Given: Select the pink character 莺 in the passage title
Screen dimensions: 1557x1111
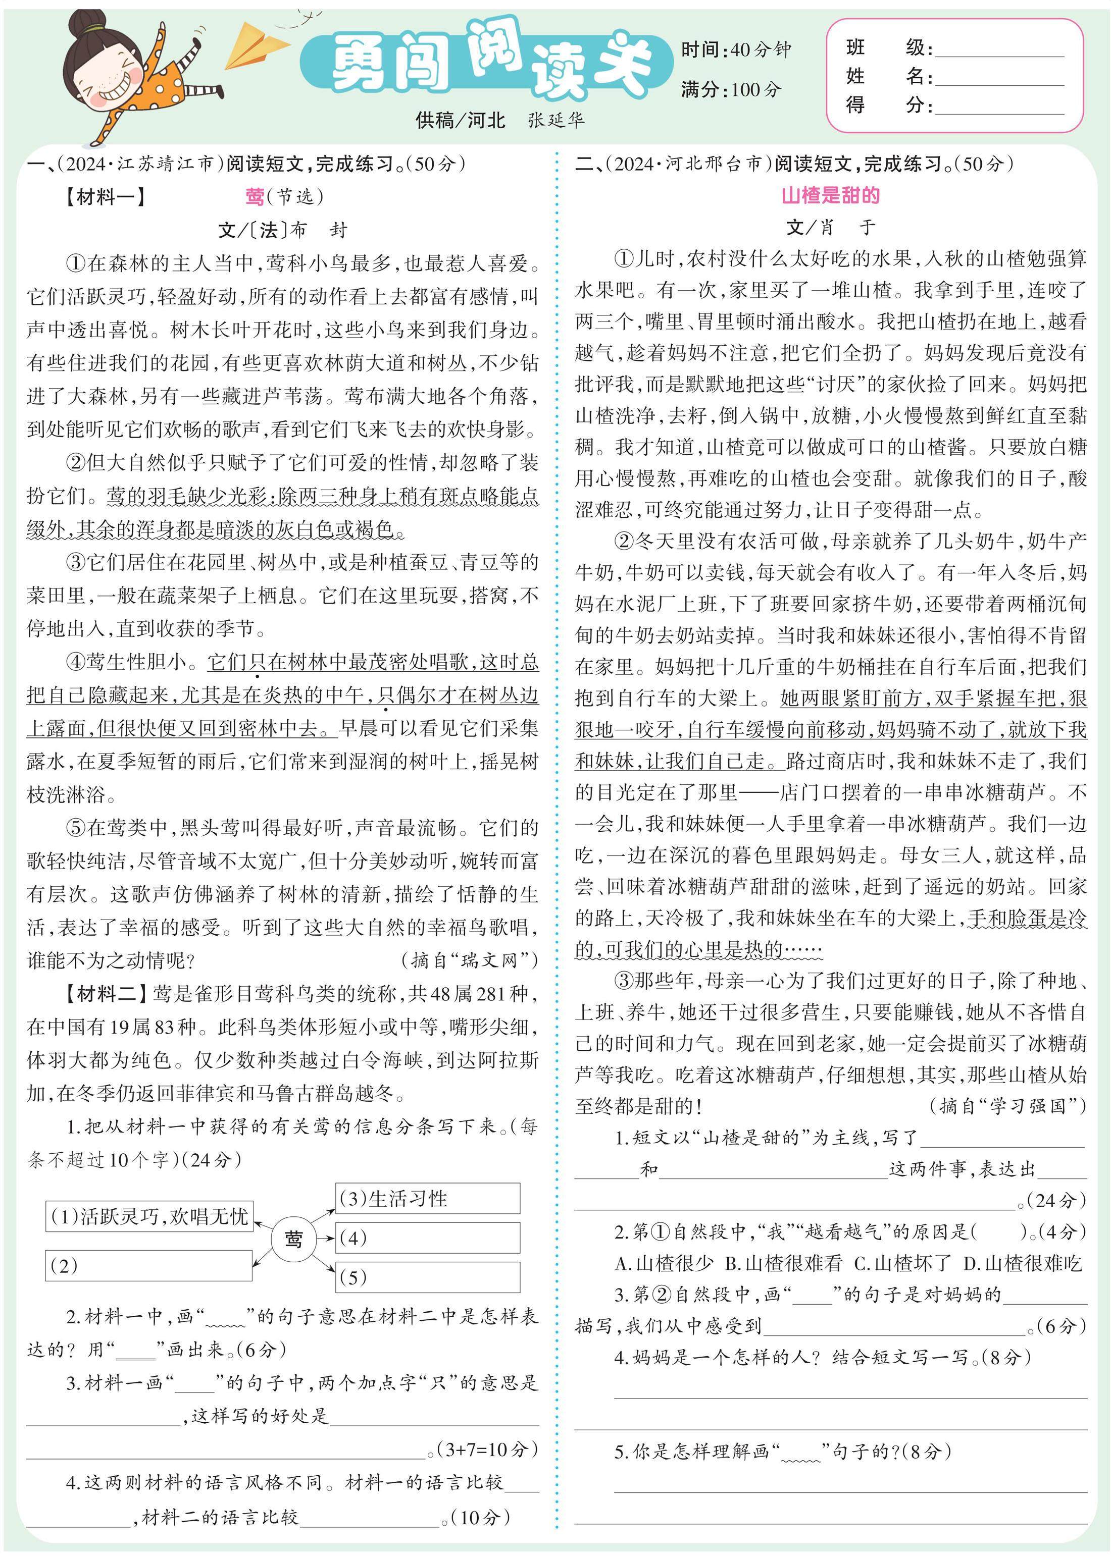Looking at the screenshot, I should click(255, 197).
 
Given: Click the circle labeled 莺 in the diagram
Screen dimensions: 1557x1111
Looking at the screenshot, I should click(293, 1239).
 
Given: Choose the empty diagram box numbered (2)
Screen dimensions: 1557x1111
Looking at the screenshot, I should click(148, 1266).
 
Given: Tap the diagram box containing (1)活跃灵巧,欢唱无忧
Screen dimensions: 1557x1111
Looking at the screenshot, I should click(148, 1216).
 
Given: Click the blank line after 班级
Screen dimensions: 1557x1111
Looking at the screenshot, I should click(999, 49).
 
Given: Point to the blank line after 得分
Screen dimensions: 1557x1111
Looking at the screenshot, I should click(999, 106).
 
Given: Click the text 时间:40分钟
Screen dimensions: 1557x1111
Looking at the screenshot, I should click(735, 49).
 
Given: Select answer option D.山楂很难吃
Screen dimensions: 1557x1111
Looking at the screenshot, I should click(1022, 1263).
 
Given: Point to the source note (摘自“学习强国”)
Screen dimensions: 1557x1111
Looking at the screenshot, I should click(1007, 1106).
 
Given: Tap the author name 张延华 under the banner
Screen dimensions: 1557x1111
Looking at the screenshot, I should click(555, 120).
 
